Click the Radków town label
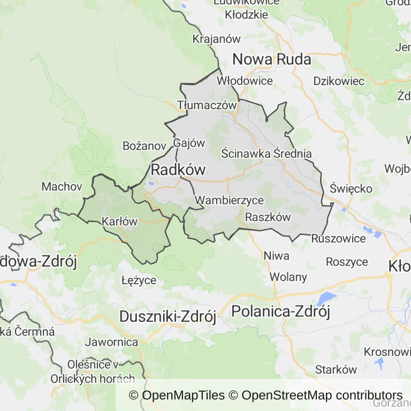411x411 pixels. point(179,170)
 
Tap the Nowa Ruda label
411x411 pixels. point(271,59)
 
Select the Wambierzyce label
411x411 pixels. point(230,201)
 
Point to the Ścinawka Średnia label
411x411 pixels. point(267,154)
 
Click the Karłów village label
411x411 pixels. point(119,222)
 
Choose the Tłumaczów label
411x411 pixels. point(207,105)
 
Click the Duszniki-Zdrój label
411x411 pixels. point(168,316)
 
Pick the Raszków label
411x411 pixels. point(268,217)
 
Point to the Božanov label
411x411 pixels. point(144,146)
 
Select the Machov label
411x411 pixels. point(62,187)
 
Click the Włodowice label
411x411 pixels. point(245,81)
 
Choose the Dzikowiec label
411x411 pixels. point(339,81)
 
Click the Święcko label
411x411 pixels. point(351,189)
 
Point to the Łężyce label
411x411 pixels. point(139,280)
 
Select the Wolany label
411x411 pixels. point(288,277)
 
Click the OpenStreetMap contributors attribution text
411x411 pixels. point(322,395)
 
